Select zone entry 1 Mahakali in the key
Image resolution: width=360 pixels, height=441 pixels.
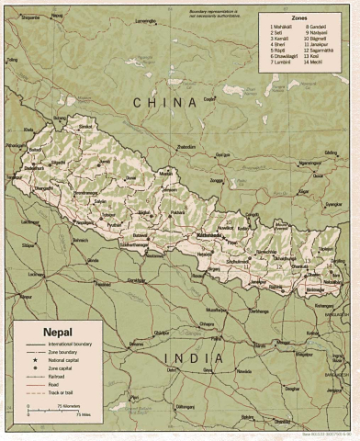pos(278,28)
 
